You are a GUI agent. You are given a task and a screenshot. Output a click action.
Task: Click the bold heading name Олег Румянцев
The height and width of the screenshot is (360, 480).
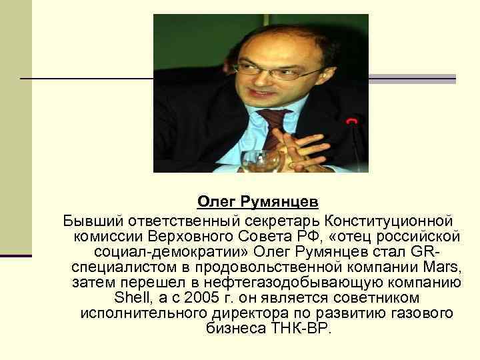248,201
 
